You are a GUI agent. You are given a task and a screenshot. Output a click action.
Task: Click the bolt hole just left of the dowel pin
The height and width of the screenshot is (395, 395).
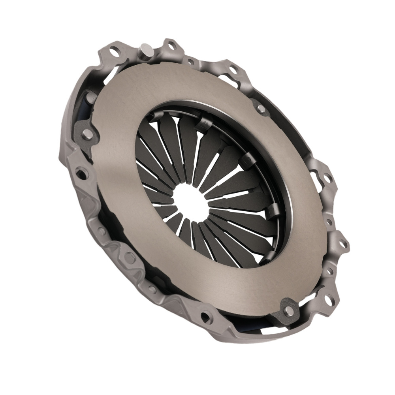click(115, 51)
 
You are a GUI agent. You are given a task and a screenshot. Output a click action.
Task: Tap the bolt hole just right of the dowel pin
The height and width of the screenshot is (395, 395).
click(171, 46)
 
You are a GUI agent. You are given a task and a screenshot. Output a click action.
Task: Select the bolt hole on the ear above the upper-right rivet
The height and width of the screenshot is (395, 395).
click(233, 70)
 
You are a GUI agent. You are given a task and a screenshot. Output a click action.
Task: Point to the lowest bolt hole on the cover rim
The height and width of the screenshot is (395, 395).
click(206, 316)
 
